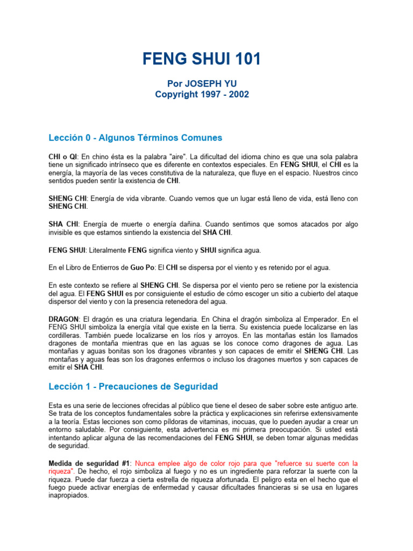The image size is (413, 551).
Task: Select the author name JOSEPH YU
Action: coord(214,84)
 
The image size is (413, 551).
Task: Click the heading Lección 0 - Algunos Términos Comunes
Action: coord(135,138)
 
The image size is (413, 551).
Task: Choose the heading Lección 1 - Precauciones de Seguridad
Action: coord(133,386)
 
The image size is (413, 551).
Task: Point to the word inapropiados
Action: coord(68,496)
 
